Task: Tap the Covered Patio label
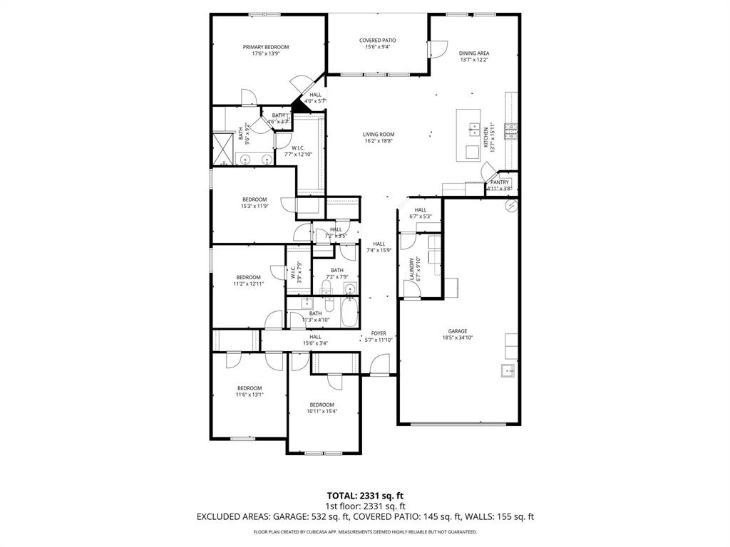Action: pos(377,41)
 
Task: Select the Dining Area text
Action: pos(474,53)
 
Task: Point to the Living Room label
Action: pos(379,134)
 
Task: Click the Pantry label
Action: pos(499,182)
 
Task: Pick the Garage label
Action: pos(457,331)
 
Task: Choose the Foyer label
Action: pos(379,333)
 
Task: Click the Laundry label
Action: pos(412,269)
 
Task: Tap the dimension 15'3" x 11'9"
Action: pos(255,207)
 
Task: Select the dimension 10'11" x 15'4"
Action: pos(322,411)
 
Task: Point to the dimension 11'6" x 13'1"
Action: pos(250,395)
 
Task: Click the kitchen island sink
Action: pos(473,129)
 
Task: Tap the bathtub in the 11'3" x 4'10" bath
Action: pos(349,312)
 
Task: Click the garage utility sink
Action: pos(508,369)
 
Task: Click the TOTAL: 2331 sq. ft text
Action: pos(365,495)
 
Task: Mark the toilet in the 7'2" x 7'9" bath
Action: pos(327,288)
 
